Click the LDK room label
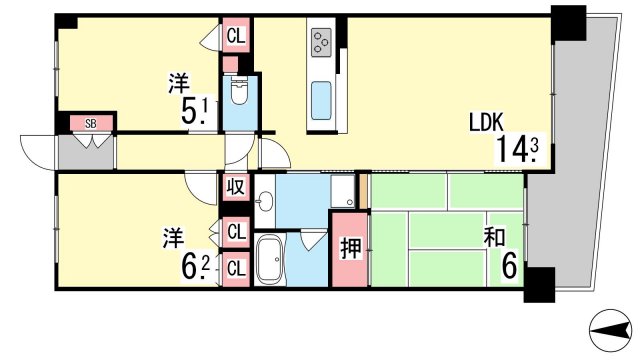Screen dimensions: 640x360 click(486, 122)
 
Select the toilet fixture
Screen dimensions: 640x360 click(239, 91)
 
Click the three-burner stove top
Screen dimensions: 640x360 click(321, 42)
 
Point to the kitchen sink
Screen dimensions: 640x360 click(321, 101)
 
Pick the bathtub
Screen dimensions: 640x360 click(269, 260)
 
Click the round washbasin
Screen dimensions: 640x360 click(266, 201)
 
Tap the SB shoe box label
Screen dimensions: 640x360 click(91, 123)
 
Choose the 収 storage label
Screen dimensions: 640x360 click(236, 187)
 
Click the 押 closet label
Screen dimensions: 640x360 click(351, 248)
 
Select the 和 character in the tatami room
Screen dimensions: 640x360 click(494, 237)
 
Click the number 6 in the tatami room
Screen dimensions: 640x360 click(509, 265)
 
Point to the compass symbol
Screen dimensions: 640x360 click(611, 330)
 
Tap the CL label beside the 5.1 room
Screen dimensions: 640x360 click(236, 36)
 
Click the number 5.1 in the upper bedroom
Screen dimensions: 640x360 click(195, 111)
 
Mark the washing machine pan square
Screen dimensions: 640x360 click(342, 192)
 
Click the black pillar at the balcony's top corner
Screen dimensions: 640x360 click(568, 23)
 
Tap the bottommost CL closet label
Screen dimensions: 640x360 click(236, 269)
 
